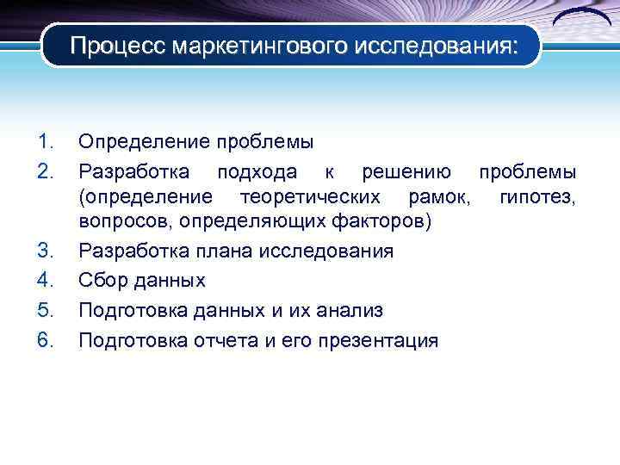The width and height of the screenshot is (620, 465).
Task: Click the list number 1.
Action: pos(46,141)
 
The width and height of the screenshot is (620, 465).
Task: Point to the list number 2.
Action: pos(46,171)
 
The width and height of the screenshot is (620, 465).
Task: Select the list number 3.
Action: pos(46,252)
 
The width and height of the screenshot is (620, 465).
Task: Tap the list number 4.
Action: pos(46,281)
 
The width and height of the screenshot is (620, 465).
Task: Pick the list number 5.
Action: pos(46,310)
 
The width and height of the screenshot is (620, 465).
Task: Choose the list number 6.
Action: pos(46,340)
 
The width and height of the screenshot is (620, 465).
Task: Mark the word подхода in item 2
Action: pos(256,171)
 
